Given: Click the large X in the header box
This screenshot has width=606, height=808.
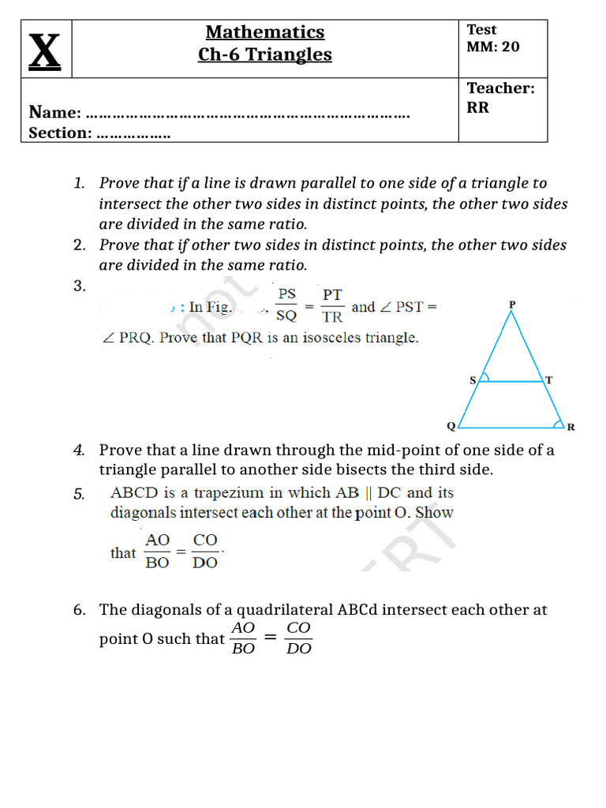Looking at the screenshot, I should point(46,50).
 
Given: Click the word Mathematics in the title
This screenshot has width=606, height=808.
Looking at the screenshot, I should point(265,32).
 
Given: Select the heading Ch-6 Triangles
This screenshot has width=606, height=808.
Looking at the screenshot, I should point(265,54).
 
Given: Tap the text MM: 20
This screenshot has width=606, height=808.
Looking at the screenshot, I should point(493,47).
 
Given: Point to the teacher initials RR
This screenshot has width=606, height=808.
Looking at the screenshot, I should point(477,107).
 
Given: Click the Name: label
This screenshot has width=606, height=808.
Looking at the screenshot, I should point(54,113).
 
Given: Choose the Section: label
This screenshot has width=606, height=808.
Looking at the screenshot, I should point(60,133).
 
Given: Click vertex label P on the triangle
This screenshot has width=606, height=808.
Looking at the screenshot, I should point(512,304).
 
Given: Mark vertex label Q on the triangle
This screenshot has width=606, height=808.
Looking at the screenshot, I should point(451,427).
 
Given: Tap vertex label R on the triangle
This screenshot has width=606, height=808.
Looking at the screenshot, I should point(571,428).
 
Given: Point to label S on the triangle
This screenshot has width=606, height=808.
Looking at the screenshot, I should point(473,380).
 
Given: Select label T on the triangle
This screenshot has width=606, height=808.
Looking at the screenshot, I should point(549,380).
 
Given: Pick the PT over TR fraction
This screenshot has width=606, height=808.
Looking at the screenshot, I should point(332,305).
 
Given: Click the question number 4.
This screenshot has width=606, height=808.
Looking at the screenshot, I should point(79,451).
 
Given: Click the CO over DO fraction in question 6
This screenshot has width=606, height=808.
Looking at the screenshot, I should point(298,638).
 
